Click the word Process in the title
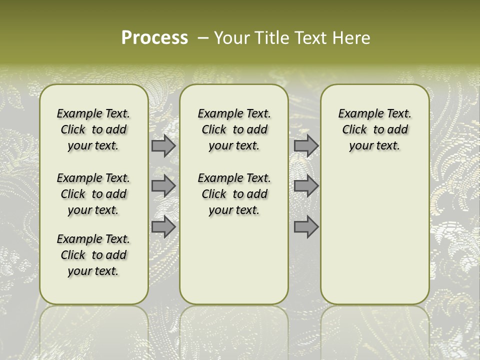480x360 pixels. point(154,38)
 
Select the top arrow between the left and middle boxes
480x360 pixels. point(163,146)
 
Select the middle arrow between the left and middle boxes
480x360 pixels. point(163,186)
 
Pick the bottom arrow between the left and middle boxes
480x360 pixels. point(163,227)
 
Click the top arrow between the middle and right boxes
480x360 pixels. point(306,146)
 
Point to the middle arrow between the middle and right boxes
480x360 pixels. point(306,186)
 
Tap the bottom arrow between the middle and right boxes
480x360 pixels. point(306,227)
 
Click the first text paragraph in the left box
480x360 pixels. point(93,129)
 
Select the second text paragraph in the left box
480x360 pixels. point(93,194)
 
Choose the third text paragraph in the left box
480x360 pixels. point(93,255)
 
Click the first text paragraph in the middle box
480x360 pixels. point(234,129)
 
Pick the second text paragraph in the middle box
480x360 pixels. point(234,194)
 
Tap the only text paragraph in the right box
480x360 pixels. point(374,129)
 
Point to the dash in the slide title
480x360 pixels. point(203,38)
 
